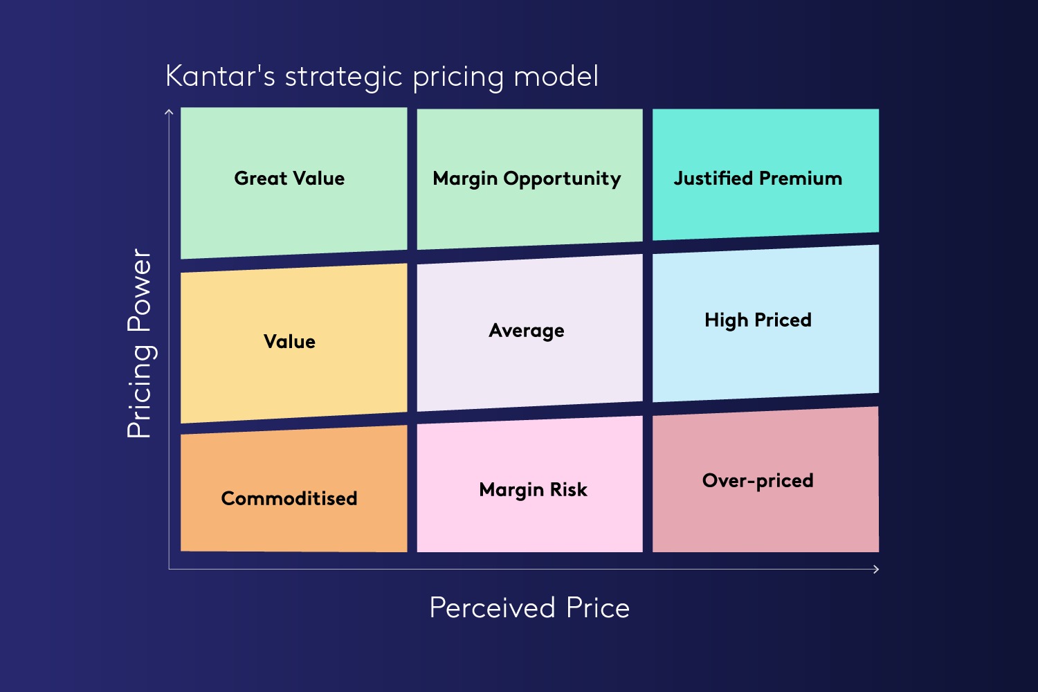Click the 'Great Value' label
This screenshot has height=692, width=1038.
point(289,179)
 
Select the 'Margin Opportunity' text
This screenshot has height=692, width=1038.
point(527,179)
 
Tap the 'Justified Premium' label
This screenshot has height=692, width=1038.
point(758,179)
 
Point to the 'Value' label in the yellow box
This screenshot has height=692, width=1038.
point(289,342)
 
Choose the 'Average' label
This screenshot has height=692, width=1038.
point(527,331)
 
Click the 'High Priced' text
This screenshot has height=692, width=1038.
point(758,320)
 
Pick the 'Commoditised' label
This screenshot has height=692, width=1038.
point(289,498)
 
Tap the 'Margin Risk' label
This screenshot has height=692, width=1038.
point(533,490)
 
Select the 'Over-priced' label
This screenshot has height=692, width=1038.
point(758,481)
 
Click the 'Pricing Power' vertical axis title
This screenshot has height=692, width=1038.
point(140,343)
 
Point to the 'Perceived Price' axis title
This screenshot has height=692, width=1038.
point(529,608)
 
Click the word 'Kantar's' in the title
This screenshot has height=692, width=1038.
point(221,76)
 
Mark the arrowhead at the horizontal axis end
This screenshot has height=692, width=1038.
point(876,570)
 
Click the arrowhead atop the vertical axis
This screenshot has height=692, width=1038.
point(169,111)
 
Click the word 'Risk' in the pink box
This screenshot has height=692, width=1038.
point(569,490)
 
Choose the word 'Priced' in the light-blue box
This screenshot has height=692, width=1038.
point(783,320)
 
